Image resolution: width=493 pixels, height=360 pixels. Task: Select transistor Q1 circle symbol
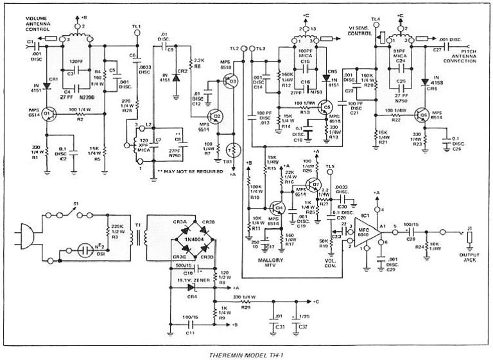(48, 116)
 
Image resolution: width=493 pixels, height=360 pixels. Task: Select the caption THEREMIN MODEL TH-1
(246, 354)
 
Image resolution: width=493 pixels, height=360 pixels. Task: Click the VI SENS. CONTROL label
(360, 31)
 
